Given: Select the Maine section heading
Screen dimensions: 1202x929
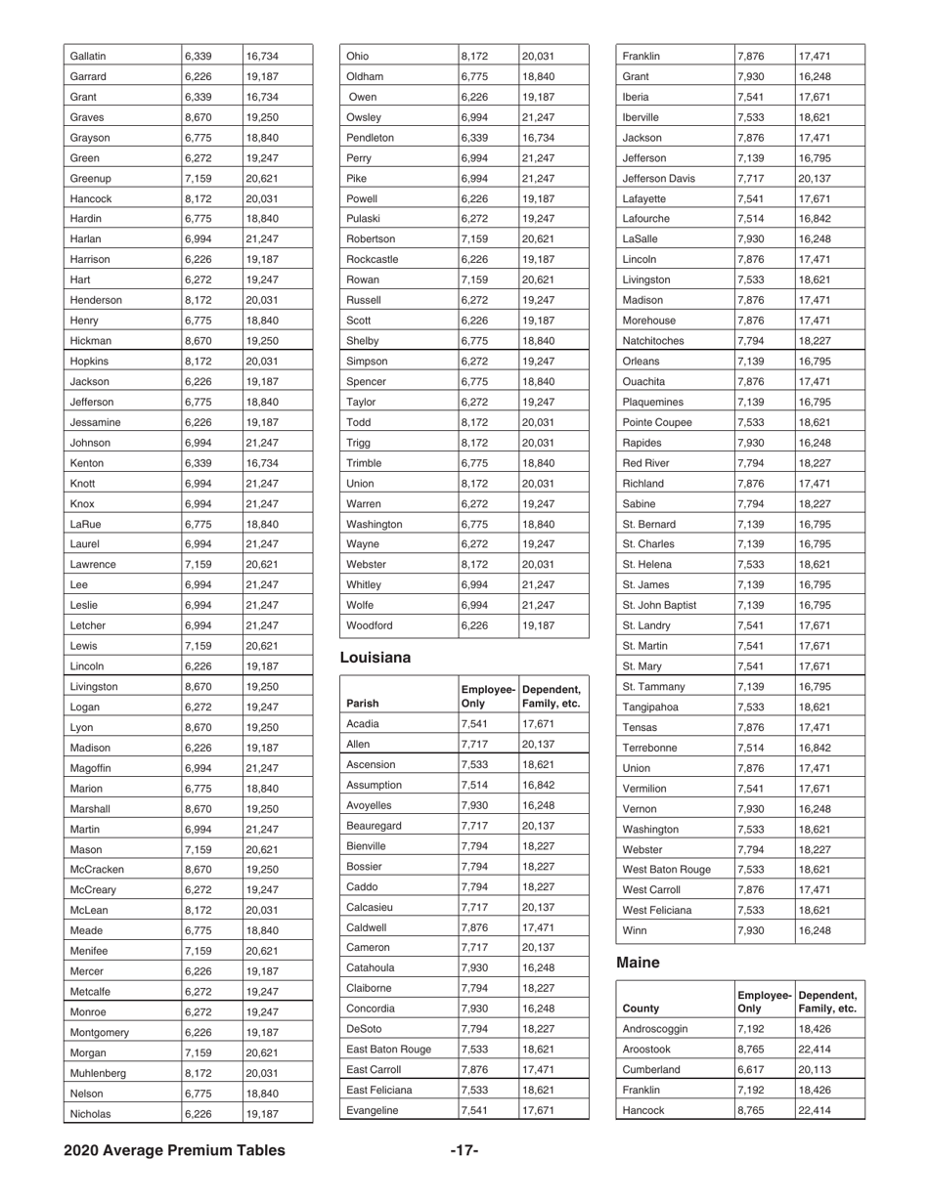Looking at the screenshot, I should [x=641, y=962].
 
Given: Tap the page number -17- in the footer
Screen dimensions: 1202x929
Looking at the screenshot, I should [x=464, y=1150].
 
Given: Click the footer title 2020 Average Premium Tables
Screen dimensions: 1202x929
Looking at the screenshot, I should [x=175, y=1150].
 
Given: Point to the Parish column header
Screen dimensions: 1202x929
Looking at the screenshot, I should [x=364, y=703].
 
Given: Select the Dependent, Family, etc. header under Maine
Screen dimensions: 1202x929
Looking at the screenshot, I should [x=826, y=1001].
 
